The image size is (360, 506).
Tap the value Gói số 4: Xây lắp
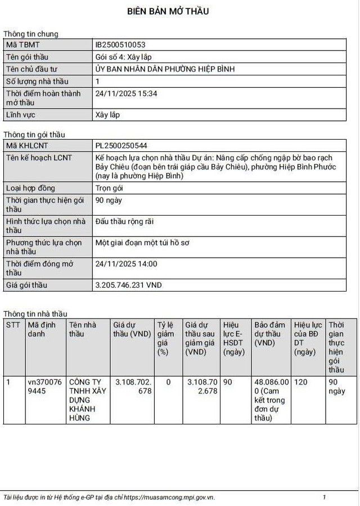pyautogui.click(x=124, y=57)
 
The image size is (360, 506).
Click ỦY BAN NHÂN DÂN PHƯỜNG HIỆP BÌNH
pyautogui.click(x=165, y=69)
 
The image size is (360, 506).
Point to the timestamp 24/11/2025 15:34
pyautogui.click(x=127, y=93)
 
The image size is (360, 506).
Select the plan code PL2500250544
pyautogui.click(x=122, y=145)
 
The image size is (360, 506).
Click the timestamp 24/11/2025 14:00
pyautogui.click(x=127, y=263)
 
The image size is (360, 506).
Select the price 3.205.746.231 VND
pyautogui.click(x=129, y=285)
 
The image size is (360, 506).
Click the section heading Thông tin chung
pyautogui.click(x=31, y=34)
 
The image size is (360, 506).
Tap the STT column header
pyautogui.click(x=12, y=325)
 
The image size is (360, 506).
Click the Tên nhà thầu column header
pyautogui.click(x=82, y=329)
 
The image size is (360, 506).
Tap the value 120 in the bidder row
pyautogui.click(x=301, y=382)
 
